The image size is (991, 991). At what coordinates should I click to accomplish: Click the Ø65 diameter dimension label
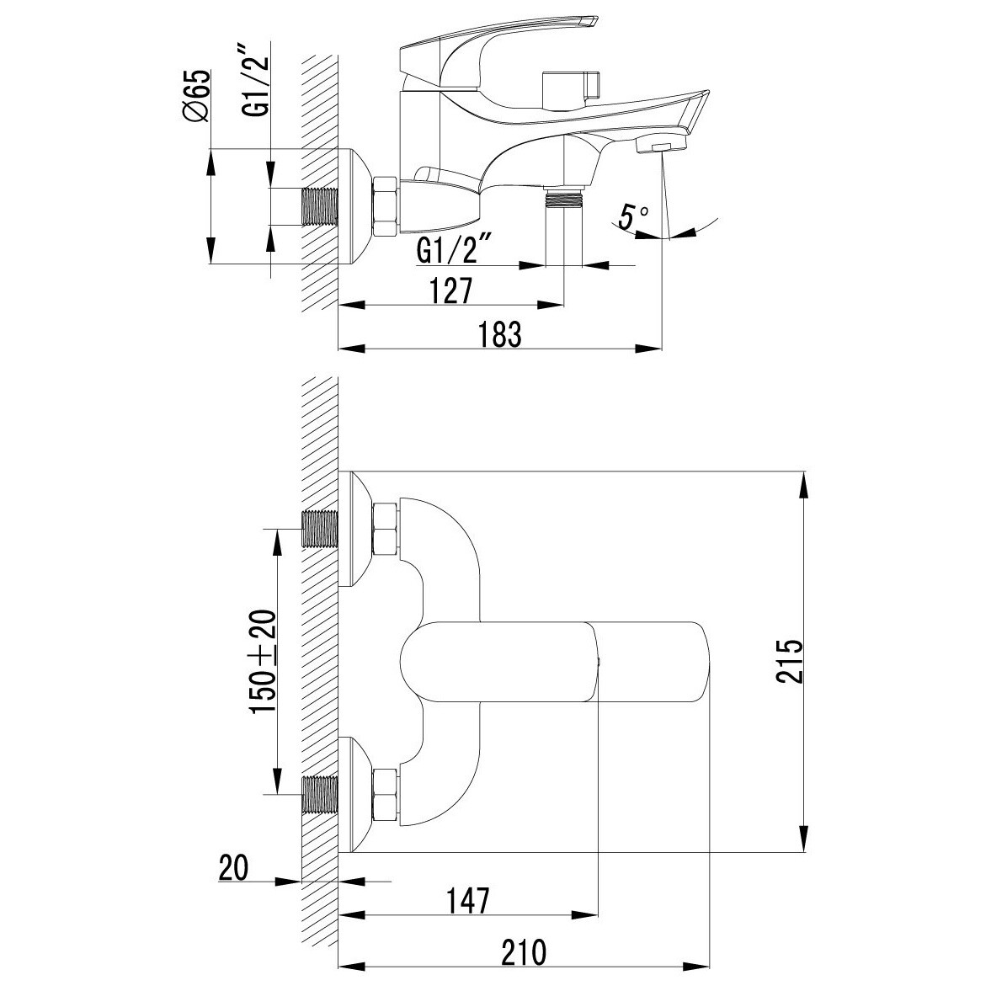(196, 95)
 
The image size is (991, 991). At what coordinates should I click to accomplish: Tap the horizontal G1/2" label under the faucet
(455, 248)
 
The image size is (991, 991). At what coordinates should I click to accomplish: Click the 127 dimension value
(451, 290)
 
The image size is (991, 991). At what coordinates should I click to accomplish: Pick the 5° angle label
(632, 216)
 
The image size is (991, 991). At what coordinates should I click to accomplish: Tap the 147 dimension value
(468, 901)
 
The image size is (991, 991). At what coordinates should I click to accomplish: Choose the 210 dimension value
(525, 952)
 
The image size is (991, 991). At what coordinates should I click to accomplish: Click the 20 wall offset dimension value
(233, 867)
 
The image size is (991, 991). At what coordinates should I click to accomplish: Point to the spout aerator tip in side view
(661, 147)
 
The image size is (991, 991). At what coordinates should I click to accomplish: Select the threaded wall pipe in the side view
(321, 206)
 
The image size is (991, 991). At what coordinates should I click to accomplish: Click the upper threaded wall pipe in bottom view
(321, 529)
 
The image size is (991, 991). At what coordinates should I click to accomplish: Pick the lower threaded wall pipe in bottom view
(321, 795)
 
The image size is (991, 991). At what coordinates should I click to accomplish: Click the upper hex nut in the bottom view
(386, 529)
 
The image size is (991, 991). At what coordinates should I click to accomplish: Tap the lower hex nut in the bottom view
(386, 795)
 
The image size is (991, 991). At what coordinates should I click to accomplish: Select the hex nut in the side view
(386, 206)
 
